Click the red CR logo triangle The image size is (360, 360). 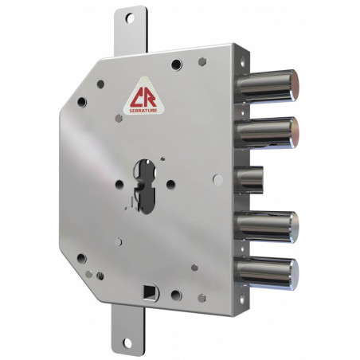143,96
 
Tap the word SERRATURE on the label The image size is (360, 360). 143,111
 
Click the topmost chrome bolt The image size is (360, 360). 268,85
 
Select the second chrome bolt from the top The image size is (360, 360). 268,133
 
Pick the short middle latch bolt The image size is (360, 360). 248,179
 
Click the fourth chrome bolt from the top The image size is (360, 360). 268,226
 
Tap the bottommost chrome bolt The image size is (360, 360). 268,273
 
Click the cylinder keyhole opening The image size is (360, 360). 145,186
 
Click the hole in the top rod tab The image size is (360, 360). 130,18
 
